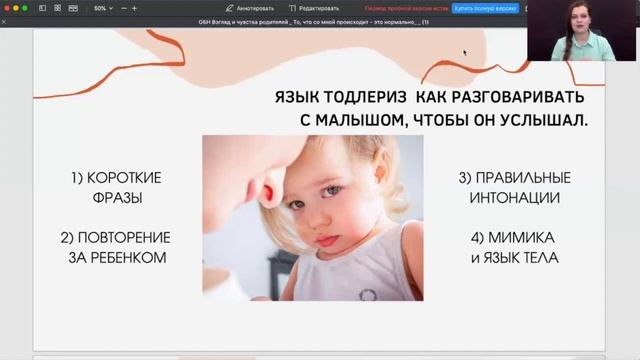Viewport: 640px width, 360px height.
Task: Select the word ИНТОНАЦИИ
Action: coord(514,197)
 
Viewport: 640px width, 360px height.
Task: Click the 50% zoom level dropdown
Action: coord(103,8)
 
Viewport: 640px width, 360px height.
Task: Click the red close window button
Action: coord(7,8)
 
